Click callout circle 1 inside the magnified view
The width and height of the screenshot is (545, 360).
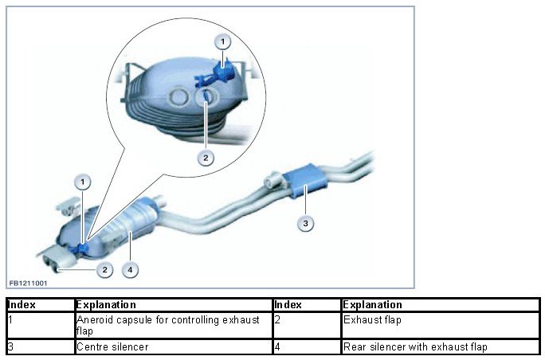point(224,41)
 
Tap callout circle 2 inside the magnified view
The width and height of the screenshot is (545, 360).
point(206,158)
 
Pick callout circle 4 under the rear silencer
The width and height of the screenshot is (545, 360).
point(131,269)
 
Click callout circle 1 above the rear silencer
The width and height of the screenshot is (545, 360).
point(82,181)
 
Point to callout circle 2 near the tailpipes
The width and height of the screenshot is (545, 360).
point(104,270)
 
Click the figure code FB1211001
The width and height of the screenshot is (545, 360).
point(28,282)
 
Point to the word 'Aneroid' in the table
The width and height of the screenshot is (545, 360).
point(95,320)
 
